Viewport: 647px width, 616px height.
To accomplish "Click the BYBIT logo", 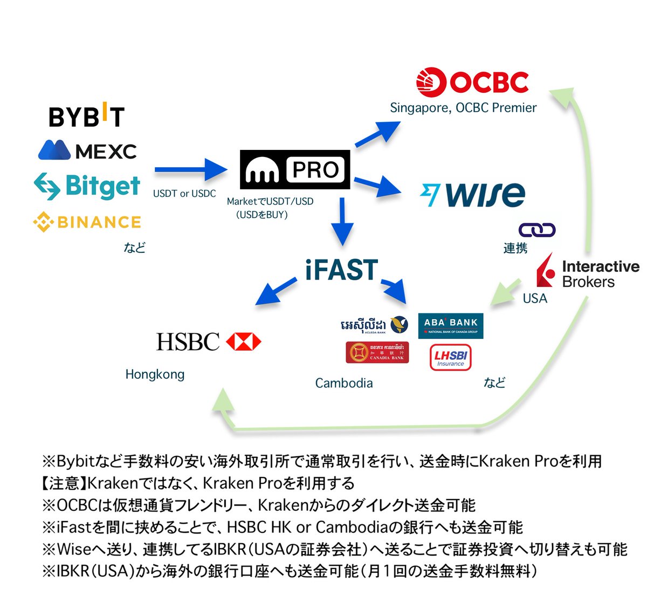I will (86, 115).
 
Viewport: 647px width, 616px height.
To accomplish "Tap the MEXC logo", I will (87, 150).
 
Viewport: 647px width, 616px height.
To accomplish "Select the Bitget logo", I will (87, 186).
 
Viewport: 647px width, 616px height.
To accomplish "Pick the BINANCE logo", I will (87, 222).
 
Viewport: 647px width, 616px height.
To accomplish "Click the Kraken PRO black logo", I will (294, 170).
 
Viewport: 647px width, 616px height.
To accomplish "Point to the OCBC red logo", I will (472, 83).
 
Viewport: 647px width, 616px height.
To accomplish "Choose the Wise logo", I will (472, 194).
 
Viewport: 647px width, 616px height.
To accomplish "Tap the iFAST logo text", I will (341, 270).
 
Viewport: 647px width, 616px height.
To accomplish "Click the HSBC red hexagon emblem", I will (243, 342).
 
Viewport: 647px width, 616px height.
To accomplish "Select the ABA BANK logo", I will (451, 325).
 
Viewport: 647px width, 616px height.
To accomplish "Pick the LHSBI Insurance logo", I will (451, 358).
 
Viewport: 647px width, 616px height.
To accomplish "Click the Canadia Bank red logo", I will (377, 352).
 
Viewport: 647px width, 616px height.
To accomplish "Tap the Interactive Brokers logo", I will (588, 273).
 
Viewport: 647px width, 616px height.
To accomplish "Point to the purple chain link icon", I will (536, 230).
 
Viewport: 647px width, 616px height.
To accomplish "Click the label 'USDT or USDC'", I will (184, 194).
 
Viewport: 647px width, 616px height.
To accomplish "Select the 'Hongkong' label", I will (155, 374).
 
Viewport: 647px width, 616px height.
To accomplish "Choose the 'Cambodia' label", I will (344, 383).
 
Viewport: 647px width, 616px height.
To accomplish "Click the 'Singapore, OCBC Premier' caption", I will (463, 108).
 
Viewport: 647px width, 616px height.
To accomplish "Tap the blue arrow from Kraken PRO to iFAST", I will (342, 221).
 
